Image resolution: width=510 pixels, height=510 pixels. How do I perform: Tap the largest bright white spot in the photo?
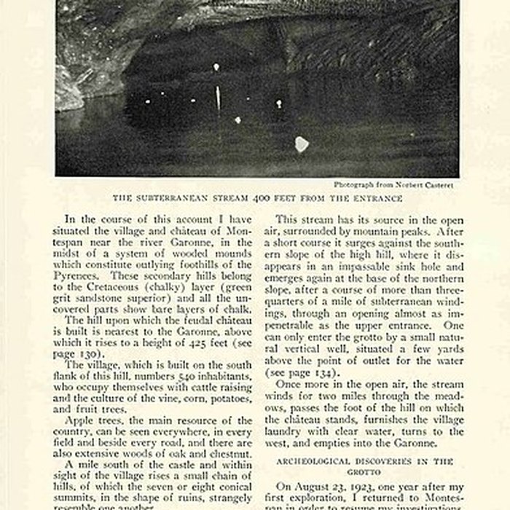coord(301,144)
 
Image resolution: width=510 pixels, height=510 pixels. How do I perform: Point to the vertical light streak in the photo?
coord(216,97)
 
